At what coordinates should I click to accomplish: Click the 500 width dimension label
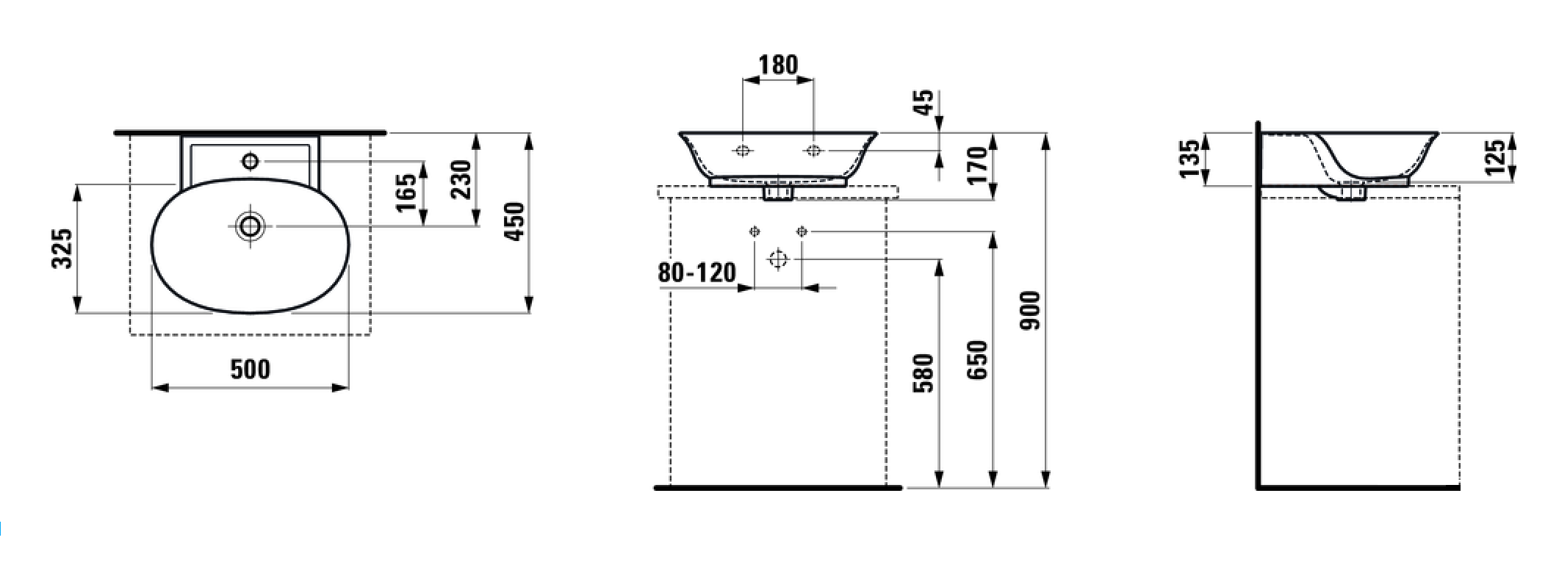[251, 369]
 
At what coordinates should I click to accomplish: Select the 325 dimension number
[62, 248]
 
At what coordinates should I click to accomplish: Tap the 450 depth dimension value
[514, 221]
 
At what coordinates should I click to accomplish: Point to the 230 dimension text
[461, 180]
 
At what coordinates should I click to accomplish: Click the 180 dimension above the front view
[778, 65]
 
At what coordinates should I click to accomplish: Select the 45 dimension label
[923, 103]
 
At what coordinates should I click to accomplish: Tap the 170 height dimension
[977, 166]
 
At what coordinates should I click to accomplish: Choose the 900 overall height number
[1031, 310]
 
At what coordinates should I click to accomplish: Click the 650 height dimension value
[977, 359]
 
